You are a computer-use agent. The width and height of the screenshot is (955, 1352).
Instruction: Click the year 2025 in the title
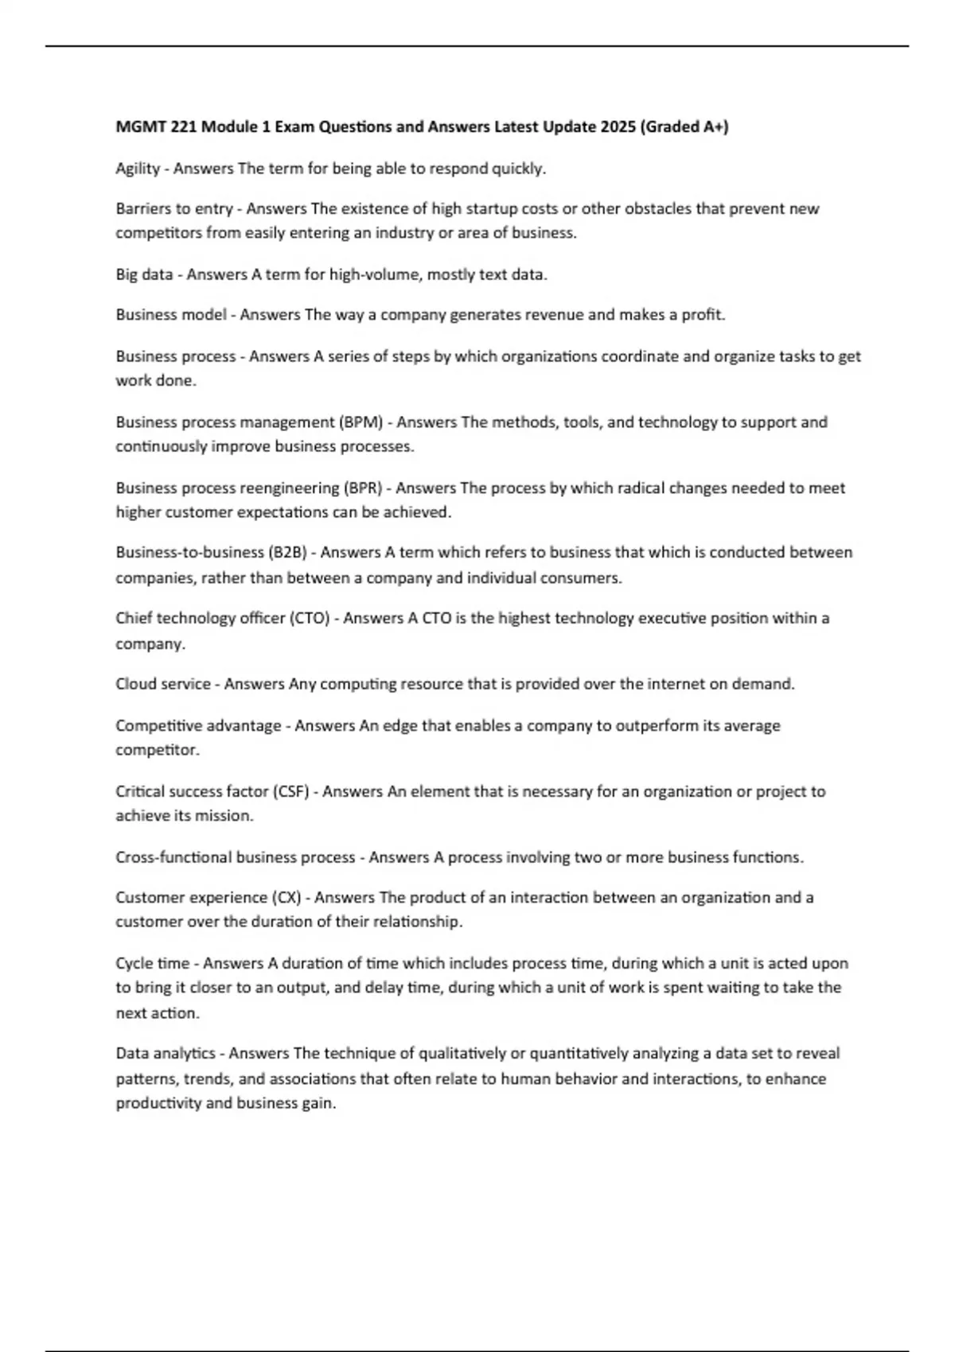(x=618, y=126)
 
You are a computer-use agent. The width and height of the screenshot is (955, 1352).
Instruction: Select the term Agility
(x=138, y=169)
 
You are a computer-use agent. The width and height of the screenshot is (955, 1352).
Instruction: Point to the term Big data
(x=144, y=274)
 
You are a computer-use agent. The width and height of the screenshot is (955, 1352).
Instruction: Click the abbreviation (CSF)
(x=290, y=791)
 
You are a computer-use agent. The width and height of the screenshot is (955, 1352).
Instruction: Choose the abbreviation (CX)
(x=287, y=897)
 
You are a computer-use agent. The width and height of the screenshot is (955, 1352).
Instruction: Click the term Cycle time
(x=152, y=963)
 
